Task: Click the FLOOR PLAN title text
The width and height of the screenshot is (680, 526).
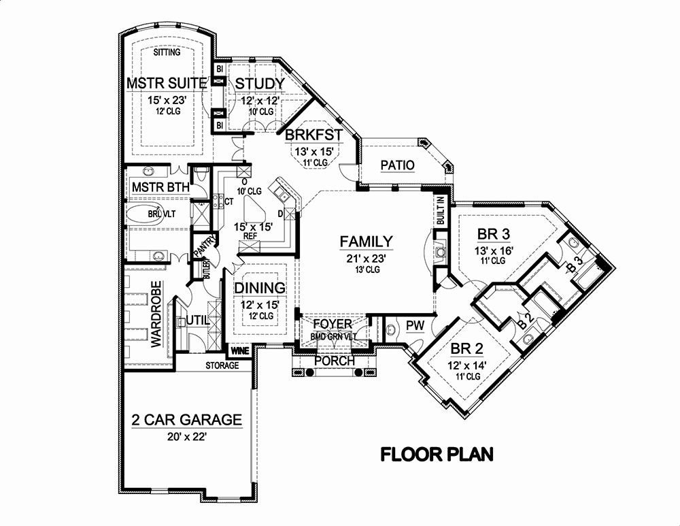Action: [x=436, y=454]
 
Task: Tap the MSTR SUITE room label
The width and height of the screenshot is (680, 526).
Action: [x=167, y=84]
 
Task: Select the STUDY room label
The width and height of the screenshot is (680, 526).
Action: [x=259, y=84]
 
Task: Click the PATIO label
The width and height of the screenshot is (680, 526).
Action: [x=398, y=165]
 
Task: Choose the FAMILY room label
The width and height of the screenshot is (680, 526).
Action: [x=367, y=241]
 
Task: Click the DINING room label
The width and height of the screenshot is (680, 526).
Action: [x=259, y=288]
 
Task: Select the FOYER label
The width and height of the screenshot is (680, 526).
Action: [x=333, y=324]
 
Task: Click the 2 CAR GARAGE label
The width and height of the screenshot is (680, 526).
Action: [x=186, y=420]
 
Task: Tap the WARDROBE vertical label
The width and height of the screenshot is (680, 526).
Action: [x=156, y=314]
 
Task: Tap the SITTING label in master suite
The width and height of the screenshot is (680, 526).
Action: [x=167, y=52]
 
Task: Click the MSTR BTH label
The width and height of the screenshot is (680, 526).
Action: [x=156, y=186]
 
